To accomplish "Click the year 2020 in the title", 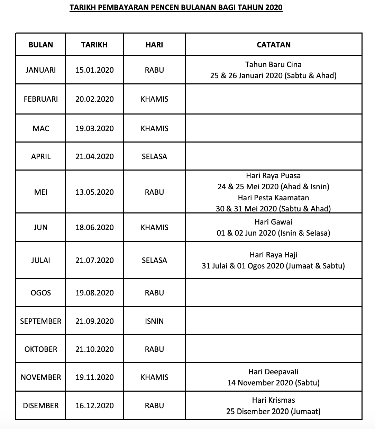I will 274,7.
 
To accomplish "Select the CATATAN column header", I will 274,45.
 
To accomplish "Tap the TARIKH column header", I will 94,45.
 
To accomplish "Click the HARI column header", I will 154,45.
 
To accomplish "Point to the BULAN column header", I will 41,45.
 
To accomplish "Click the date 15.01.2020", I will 94,70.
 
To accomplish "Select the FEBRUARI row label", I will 41,99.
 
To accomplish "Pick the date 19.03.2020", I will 94,128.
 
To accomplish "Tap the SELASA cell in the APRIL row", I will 154,156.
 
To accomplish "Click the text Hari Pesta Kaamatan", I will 273,198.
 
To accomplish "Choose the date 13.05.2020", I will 94,192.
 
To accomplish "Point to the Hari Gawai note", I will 273,222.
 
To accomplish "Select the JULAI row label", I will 41,260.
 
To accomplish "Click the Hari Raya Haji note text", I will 273,255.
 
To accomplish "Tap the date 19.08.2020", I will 94,293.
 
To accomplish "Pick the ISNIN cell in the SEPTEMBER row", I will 154,321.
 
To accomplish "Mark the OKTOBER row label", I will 41,349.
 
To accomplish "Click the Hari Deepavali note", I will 273,372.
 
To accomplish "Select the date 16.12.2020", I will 94,405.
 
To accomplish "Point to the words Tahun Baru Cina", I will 273,64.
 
